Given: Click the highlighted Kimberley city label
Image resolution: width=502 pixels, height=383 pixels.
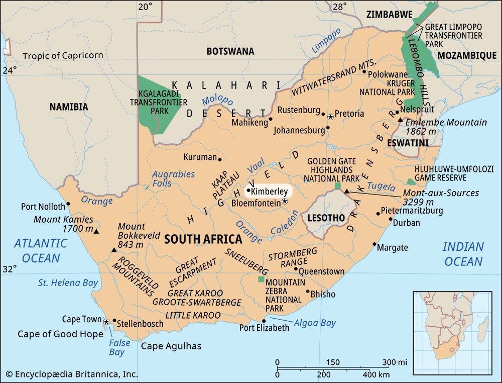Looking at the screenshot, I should click(x=269, y=191).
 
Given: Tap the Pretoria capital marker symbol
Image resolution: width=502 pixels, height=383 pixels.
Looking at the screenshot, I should click(x=330, y=117).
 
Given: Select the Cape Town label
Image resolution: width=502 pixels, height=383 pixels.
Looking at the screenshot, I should click(x=82, y=319).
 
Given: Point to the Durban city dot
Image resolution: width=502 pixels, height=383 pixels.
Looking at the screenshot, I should click(x=391, y=219).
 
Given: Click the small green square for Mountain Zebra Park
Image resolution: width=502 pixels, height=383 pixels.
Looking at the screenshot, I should click(x=261, y=279).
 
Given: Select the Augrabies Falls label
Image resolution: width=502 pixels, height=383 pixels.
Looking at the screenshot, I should click(x=173, y=179).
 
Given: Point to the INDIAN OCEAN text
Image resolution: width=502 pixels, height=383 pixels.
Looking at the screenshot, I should click(x=463, y=254).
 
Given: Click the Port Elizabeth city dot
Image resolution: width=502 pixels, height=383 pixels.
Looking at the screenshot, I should click(x=264, y=321).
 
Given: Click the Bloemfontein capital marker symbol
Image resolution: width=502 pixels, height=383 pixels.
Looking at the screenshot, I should click(x=285, y=201).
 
